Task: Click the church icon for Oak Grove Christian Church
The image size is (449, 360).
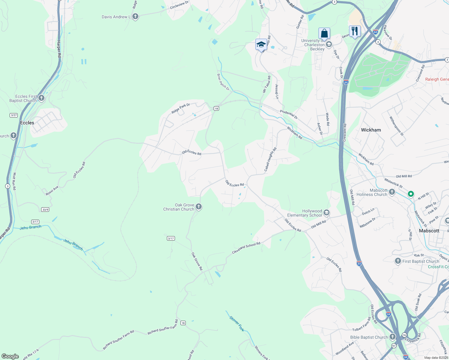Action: coord(198,206)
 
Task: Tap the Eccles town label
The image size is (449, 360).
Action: coord(27,123)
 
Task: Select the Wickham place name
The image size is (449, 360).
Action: coord(371,130)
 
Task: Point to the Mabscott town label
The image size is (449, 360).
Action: coord(429,231)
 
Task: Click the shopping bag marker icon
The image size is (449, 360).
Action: coord(324,33)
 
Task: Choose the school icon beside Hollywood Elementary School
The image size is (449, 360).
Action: coord(327,213)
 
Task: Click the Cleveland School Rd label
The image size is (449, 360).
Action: coord(246,248)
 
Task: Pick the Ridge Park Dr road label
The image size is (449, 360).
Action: coord(181,109)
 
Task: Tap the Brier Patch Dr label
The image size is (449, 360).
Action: coord(223,82)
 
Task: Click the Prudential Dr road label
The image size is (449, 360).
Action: coord(289,114)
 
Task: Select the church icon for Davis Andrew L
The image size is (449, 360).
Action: coord(135,16)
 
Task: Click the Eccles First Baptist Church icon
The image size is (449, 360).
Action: coord(41,98)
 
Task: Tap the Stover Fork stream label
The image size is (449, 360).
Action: coord(237,324)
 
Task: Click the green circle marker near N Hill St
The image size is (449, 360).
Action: coord(411,194)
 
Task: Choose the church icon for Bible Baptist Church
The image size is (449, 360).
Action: coord(393,337)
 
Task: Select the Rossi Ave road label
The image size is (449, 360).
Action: coord(52,191)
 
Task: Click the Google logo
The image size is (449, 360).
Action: coord(10,356)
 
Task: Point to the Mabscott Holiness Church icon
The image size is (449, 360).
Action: coord(392,192)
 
